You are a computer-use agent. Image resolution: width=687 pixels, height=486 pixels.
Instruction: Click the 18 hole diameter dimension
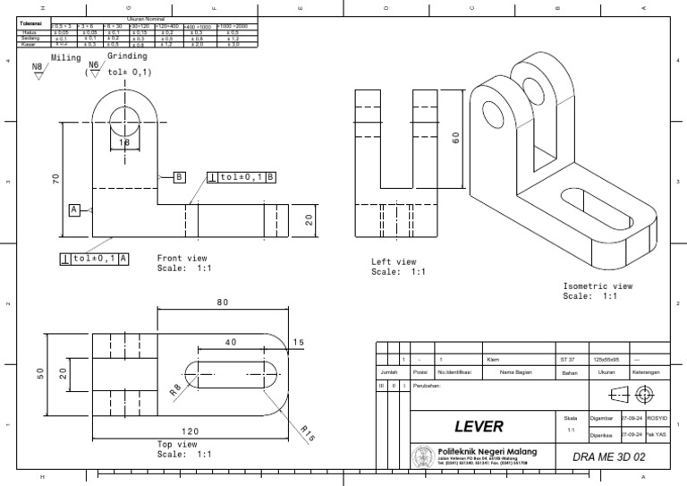[x=124, y=142]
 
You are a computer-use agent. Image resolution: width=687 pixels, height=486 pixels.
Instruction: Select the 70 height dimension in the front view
[x=55, y=179]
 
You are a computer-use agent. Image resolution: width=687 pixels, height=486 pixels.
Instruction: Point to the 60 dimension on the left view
[x=455, y=138]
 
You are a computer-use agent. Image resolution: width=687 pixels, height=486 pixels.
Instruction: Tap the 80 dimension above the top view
[x=223, y=303]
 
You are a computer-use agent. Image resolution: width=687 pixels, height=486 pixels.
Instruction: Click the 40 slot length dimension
[x=231, y=343]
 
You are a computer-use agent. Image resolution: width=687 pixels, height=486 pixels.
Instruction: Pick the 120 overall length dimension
[x=190, y=431]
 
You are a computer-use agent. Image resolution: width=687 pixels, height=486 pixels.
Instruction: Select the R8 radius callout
[x=175, y=389]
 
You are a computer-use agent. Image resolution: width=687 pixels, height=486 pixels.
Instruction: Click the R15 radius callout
[x=307, y=432]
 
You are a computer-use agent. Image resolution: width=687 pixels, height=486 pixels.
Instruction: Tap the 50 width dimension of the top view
[x=40, y=372]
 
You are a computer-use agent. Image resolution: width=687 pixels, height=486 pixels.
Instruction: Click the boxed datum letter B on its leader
[x=179, y=177]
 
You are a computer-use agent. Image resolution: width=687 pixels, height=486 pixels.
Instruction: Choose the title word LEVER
[x=479, y=426]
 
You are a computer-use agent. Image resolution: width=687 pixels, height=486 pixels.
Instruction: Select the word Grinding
[x=127, y=55]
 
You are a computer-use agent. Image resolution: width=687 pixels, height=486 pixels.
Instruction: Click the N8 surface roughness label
[x=37, y=66]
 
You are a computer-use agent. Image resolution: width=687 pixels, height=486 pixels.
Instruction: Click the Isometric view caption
[x=598, y=286]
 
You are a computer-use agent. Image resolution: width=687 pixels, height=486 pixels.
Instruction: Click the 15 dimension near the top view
[x=298, y=343]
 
